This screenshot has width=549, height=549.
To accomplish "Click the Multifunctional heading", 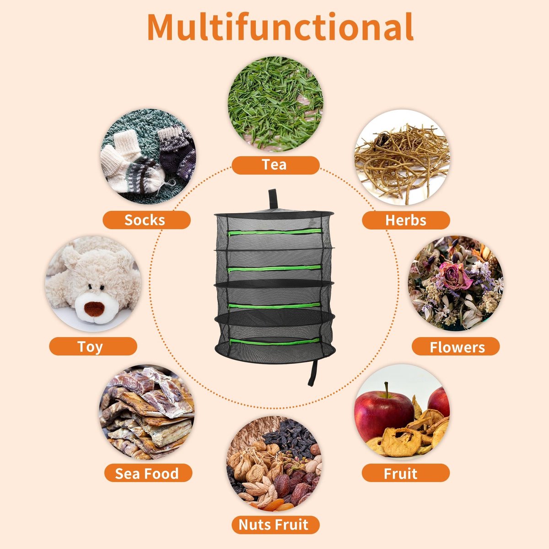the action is pyautogui.click(x=280, y=27).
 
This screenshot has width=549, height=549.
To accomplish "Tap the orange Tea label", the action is pyautogui.click(x=275, y=165).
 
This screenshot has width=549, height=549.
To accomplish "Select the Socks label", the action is pyautogui.click(x=146, y=220).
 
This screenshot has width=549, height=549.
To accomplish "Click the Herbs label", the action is pyautogui.click(x=406, y=220).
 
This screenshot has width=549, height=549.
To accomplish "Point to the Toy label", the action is pyautogui.click(x=93, y=346).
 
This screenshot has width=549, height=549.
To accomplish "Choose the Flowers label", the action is pyautogui.click(x=456, y=346).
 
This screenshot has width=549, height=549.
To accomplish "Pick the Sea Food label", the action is pyautogui.click(x=148, y=473).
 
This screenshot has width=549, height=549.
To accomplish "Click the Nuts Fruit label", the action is pyautogui.click(x=275, y=525).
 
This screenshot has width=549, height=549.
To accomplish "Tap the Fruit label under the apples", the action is pyautogui.click(x=406, y=473).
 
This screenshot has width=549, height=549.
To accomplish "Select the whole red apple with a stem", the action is pyautogui.click(x=383, y=412).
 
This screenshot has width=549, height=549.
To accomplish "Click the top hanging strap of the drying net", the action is pyautogui.click(x=273, y=199).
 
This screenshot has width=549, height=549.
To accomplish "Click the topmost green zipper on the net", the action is pyautogui.click(x=275, y=232).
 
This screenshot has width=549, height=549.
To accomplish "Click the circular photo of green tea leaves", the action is pyautogui.click(x=275, y=104).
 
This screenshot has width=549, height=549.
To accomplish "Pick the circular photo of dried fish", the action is pyautogui.click(x=147, y=412).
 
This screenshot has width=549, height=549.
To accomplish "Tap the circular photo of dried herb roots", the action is pyautogui.click(x=402, y=157).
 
